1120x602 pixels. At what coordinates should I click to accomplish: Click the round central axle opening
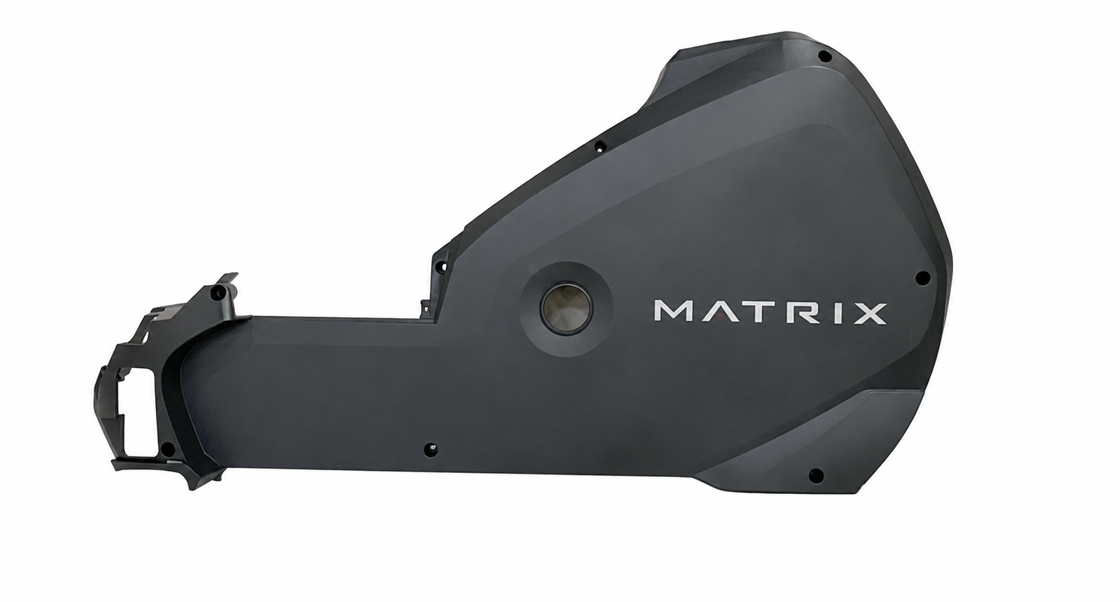pyautogui.click(x=566, y=309)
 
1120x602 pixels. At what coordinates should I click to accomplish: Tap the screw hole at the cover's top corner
pyautogui.click(x=825, y=56)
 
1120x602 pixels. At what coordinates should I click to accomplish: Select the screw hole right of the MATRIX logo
pyautogui.click(x=922, y=278)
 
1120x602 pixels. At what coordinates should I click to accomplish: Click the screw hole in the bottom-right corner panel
pyautogui.click(x=816, y=475)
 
